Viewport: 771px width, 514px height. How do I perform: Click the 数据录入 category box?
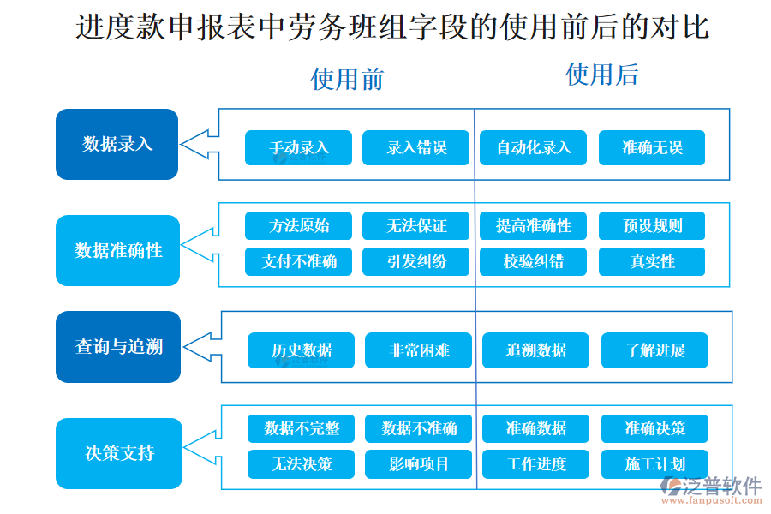[x=117, y=144]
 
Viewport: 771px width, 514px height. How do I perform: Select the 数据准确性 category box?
[x=117, y=250]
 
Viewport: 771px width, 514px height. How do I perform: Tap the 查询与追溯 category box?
[x=118, y=347]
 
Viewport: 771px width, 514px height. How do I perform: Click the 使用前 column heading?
[x=347, y=80]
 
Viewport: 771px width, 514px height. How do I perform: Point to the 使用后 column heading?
[x=601, y=75]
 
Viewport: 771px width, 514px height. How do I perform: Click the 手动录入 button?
[x=298, y=147]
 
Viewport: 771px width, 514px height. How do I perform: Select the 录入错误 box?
[x=416, y=147]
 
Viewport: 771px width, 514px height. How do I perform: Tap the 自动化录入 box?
[x=533, y=147]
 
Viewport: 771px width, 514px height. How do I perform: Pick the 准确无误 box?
[x=651, y=147]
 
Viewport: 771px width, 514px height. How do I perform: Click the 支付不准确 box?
[x=298, y=261]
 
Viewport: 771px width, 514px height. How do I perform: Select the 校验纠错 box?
[x=533, y=261]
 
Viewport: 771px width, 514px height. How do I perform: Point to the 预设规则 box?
[x=651, y=226]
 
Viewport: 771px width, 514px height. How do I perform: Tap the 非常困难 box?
[x=418, y=350]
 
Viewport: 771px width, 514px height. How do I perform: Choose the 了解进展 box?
[x=654, y=350]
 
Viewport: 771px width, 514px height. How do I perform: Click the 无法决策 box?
[x=301, y=464]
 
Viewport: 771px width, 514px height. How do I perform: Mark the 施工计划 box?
[x=654, y=464]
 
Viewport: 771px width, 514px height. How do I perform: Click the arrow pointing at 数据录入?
[x=197, y=144]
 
